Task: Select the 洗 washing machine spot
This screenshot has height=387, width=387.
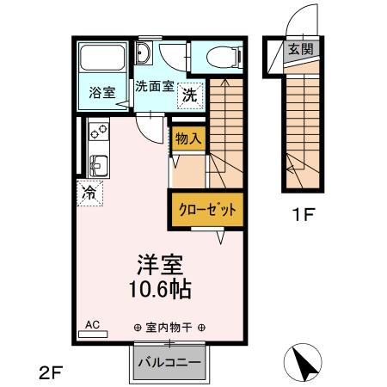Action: pos(188,95)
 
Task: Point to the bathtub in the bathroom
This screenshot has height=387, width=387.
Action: pos(102,61)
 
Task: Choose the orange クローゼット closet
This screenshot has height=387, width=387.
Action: pos(200,209)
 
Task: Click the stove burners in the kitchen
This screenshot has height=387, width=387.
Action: pos(96,133)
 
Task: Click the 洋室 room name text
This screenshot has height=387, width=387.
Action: pos(160,263)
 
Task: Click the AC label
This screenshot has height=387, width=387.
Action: pos(93,324)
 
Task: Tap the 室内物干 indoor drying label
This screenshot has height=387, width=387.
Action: pos(169,327)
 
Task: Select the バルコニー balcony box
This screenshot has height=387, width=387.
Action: pos(169,362)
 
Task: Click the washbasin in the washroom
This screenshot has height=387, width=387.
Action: pos(145,57)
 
